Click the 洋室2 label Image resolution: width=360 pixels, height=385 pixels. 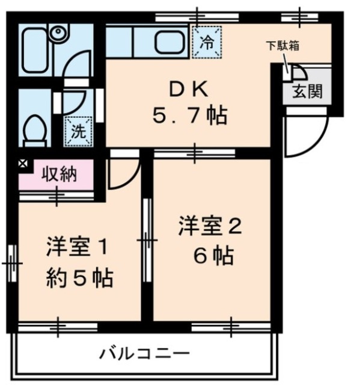[210, 227]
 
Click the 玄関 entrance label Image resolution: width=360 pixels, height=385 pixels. [307, 92]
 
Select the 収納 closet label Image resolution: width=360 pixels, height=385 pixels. [59, 174]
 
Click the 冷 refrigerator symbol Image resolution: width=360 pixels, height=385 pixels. [206, 42]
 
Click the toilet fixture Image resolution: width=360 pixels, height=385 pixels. [35, 128]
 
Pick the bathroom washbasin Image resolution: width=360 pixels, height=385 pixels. [58, 33]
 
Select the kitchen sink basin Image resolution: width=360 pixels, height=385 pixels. [171, 42]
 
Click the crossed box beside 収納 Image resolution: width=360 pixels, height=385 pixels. [22, 163]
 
